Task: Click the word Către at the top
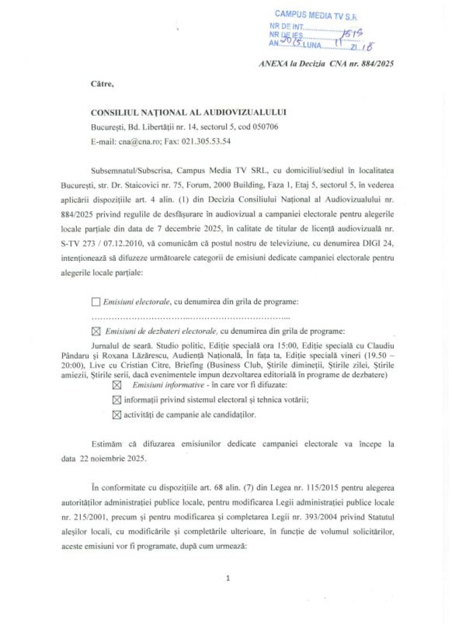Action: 102,84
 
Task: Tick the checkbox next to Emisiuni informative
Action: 117,385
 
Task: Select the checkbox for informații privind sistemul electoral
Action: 117,400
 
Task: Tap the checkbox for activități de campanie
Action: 117,415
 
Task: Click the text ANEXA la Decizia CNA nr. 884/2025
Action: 325,64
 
